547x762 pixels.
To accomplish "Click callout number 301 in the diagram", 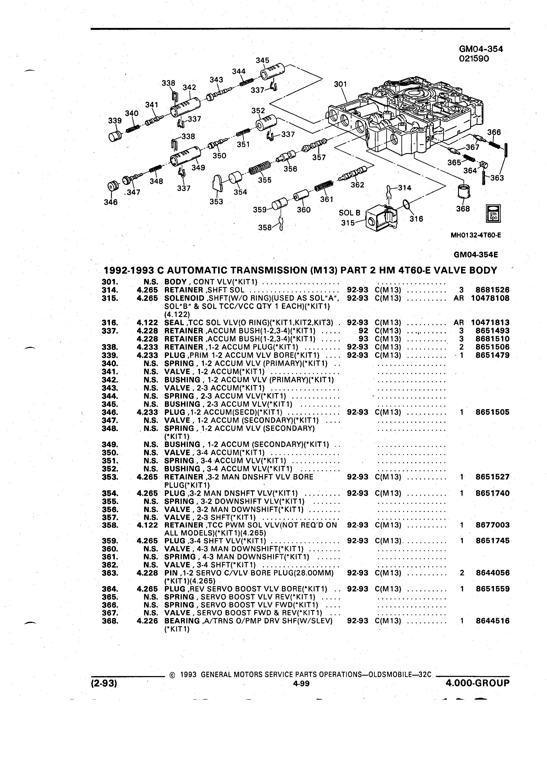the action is click(x=340, y=84).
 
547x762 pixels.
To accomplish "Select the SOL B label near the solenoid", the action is click(x=349, y=213).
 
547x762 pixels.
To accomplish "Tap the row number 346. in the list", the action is click(x=110, y=412).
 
